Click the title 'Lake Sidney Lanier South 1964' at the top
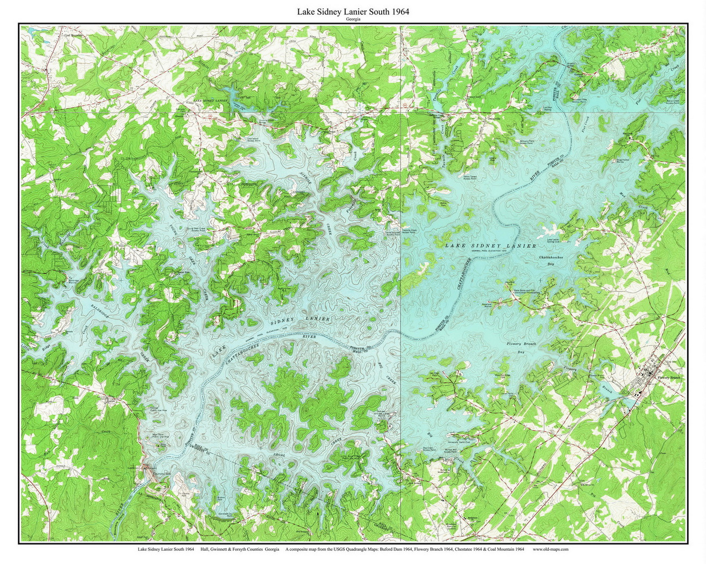click(353, 12)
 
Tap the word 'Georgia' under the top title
click(353, 19)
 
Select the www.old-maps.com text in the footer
click(550, 549)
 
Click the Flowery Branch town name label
click(670, 378)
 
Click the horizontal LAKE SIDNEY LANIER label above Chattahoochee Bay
click(490, 245)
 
